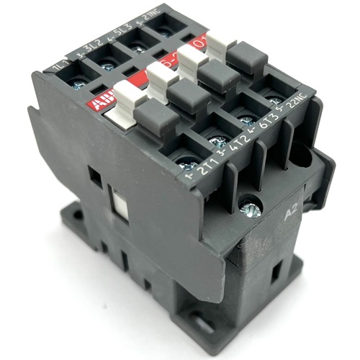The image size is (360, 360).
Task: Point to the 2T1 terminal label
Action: point(194,171)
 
